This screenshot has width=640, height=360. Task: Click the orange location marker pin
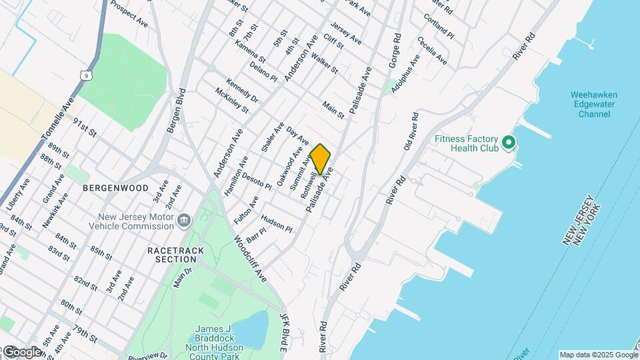tap(321, 159)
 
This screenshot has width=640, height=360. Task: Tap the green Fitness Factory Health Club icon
tap(509, 143)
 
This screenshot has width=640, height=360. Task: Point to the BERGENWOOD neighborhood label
tap(115, 188)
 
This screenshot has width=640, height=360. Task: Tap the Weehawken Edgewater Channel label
tap(594, 105)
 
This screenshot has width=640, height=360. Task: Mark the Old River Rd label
tap(411, 131)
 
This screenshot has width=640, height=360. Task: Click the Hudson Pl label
tap(277, 223)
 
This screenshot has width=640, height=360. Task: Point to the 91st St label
tap(85, 127)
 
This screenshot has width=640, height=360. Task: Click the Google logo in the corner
tap(22, 351)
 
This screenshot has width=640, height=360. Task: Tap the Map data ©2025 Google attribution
tap(598, 355)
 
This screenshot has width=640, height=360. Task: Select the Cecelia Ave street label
tap(432, 50)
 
